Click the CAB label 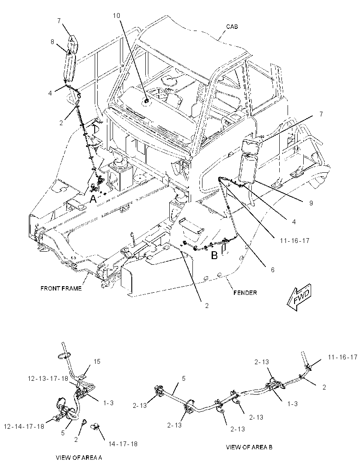click(x=232, y=27)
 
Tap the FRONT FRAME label click(x=61, y=288)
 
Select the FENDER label click(x=245, y=293)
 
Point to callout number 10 click(x=117, y=15)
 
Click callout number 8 click(x=52, y=42)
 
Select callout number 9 click(x=311, y=203)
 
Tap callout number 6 click(x=273, y=270)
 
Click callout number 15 click(x=97, y=362)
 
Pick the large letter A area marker click(x=93, y=199)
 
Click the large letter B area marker click(x=214, y=255)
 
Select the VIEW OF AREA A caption click(x=79, y=458)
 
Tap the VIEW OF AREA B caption click(x=249, y=447)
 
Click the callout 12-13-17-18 click(x=48, y=378)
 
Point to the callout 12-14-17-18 click(x=24, y=427)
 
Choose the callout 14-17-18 click(x=123, y=444)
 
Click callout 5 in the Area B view click(x=184, y=378)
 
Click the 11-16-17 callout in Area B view click(x=343, y=357)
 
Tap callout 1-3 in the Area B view click(x=292, y=403)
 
